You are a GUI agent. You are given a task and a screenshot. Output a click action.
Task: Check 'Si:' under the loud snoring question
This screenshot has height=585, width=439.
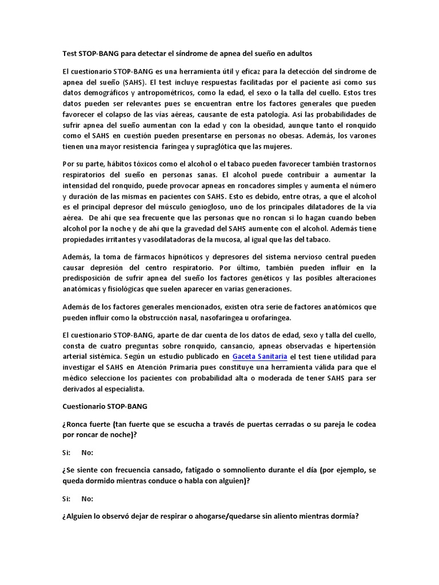pyautogui.click(x=66, y=453)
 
